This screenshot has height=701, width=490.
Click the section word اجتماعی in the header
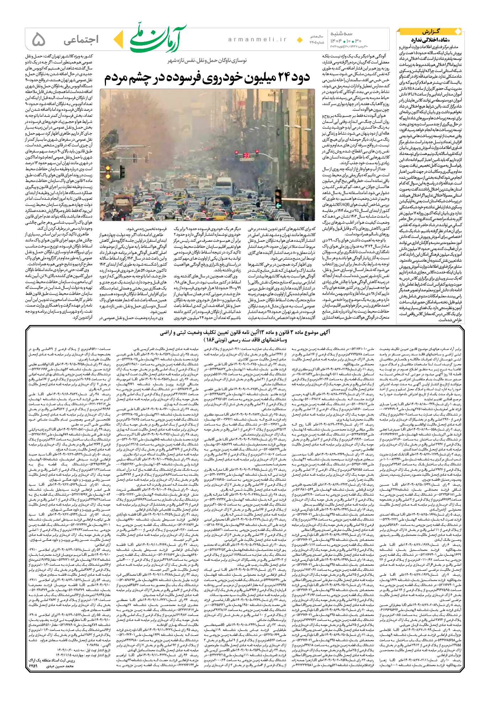tap(81, 40)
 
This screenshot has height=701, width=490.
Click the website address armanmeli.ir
tap(257, 40)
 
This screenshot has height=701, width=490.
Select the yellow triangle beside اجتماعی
tap(119, 40)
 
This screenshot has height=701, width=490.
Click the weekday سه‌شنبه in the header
tap(341, 34)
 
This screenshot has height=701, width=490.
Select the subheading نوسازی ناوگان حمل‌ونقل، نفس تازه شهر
tap(207, 61)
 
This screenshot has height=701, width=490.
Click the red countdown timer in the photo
tap(246, 156)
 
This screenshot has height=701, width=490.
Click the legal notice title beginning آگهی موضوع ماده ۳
tap(245, 333)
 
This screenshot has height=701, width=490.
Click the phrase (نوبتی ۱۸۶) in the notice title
tap(213, 340)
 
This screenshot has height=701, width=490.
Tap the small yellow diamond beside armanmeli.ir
tap(300, 40)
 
